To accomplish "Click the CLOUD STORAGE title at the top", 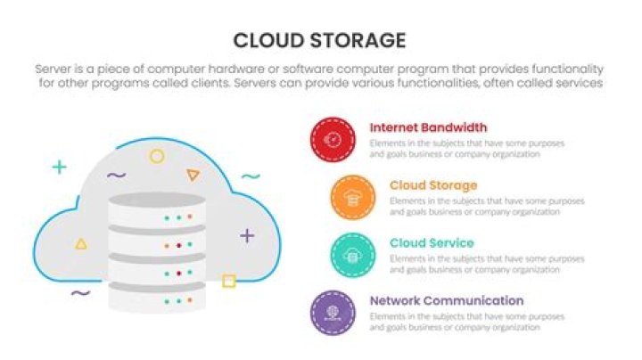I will coord(319,40).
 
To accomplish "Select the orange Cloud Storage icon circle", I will coord(352,198).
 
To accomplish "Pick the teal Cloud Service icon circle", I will coord(352,256).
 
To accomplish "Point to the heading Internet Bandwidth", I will coord(428,127).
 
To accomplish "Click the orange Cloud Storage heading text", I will coord(433,185).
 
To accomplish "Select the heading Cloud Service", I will coord(432,243).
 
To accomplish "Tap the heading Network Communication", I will coord(447,300).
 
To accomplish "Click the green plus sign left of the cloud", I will coord(59,167).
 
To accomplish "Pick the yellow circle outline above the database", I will coord(157,157).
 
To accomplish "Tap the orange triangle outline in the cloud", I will coord(193,176).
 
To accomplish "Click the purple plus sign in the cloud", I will coord(247,235).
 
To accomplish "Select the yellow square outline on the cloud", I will coord(228,282).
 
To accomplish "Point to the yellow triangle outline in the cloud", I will coord(81,242).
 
